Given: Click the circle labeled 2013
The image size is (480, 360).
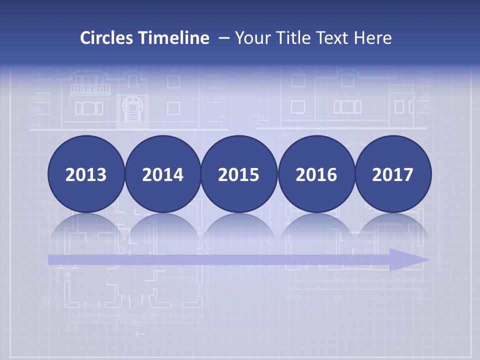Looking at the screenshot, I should [86, 174].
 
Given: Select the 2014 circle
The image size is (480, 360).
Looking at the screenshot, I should [162, 174].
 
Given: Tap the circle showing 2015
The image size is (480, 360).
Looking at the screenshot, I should [239, 174].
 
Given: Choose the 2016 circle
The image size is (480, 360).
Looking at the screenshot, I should [316, 174].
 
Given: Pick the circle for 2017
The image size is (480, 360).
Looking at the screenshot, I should [392, 174].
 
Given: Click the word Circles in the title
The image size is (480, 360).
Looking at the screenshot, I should [107, 38].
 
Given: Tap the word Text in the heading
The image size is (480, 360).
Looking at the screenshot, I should [333, 38].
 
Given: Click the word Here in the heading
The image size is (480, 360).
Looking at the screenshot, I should [372, 38].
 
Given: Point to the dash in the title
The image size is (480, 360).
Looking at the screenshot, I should [224, 38].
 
